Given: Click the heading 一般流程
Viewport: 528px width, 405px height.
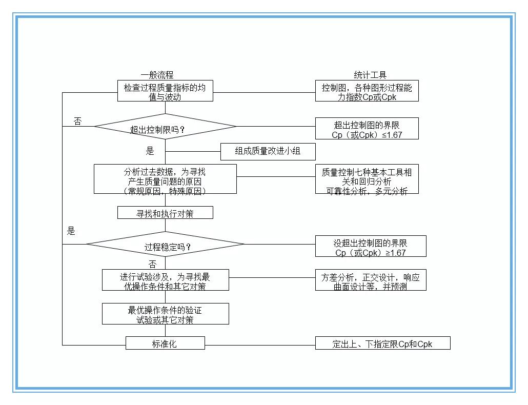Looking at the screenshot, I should coord(157,75).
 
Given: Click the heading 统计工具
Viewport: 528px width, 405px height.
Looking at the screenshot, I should coord(370,75).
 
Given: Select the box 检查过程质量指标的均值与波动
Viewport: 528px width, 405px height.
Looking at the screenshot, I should coord(165,92).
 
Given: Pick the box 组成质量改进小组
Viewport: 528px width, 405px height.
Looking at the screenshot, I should coord(268,152).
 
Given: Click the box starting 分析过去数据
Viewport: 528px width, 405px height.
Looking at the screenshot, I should coord(165,179).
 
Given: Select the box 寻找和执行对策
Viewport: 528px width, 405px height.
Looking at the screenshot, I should coord(165,213).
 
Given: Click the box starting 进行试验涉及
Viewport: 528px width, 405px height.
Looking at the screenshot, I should coord(165,280).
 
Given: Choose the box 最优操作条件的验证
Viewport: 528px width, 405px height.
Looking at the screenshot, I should coord(165,314).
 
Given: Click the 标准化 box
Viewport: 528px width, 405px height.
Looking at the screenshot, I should coord(165,343).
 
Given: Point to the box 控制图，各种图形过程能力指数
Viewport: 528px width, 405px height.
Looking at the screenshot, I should coord(367,92).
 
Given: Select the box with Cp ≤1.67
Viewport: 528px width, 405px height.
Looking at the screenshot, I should coord(367,129).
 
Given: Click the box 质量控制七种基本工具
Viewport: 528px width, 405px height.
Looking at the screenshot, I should coord(367,179).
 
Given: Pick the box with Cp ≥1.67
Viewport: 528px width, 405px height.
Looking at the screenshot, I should coord(370,247).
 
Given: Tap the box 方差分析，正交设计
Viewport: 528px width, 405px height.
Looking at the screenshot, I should coord(370,280).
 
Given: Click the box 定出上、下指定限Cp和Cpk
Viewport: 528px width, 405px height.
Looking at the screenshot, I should coord(382,343).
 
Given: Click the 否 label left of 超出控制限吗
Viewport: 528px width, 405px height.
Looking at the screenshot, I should coord(77,121).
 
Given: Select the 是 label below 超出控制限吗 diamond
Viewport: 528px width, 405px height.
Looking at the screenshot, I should coord(150,151).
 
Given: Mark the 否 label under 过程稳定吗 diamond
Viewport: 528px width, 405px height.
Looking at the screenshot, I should coord(152,264).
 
